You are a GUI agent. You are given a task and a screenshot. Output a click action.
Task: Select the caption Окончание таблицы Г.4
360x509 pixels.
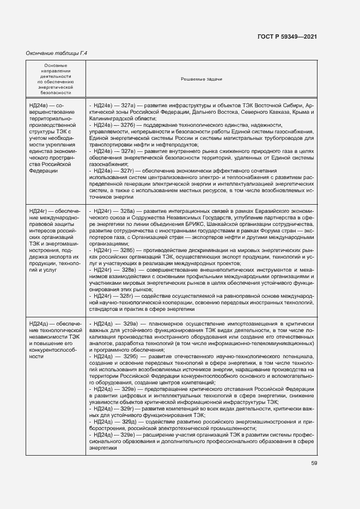pyautogui.click(x=57, y=53)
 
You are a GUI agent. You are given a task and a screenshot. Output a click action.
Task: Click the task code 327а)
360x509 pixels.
pyautogui.click(x=128, y=105)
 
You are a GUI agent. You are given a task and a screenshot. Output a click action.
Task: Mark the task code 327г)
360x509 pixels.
pyautogui.click(x=127, y=171)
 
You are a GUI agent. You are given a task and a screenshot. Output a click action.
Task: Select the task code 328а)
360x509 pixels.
pyautogui.click(x=128, y=211)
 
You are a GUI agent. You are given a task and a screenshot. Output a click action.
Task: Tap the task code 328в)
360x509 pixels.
pyautogui.click(x=128, y=270)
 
